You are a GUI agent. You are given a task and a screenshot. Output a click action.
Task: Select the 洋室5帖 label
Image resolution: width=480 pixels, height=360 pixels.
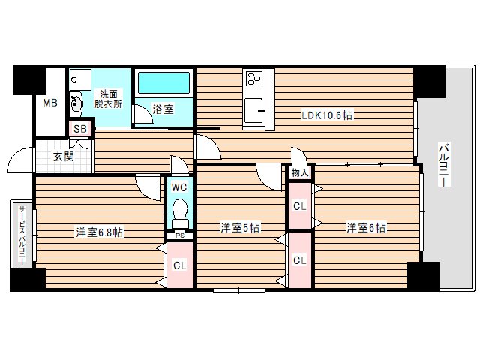[240, 226]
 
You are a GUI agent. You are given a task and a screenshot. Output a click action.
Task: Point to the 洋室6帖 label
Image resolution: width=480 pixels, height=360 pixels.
[365, 226]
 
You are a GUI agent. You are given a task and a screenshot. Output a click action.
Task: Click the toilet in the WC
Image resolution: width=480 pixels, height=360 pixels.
[180, 214]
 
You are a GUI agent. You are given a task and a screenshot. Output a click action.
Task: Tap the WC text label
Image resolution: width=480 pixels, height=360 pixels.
[180, 187]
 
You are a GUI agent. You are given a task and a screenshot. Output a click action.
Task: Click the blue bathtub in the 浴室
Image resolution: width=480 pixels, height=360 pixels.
[163, 82]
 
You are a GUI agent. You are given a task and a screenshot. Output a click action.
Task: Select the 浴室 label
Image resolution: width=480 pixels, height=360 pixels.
[163, 109]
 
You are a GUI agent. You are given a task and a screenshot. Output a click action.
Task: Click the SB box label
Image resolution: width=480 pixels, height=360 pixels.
[79, 129]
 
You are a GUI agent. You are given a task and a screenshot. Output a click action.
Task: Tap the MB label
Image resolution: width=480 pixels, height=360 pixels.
[49, 103]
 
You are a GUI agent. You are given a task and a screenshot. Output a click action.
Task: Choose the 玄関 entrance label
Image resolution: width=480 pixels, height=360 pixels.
[63, 157]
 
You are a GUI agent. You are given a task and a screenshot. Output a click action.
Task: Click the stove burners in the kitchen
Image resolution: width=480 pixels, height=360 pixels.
[253, 77]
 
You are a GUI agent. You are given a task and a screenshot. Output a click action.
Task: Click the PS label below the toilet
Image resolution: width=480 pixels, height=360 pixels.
[180, 235]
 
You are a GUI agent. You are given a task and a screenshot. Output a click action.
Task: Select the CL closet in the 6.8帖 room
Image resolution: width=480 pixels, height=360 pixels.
[180, 265]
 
